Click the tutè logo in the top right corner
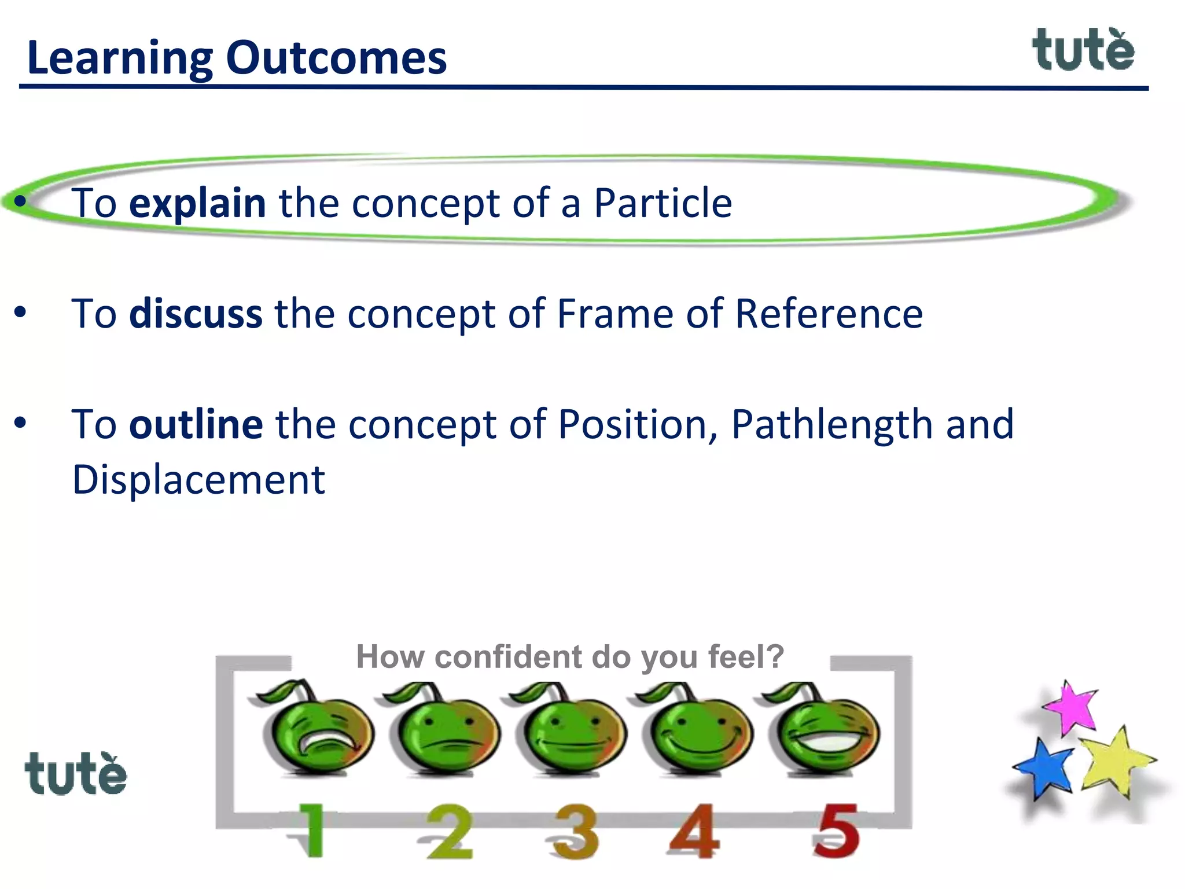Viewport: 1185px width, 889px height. (x=1083, y=51)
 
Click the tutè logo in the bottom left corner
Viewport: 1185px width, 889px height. (x=76, y=774)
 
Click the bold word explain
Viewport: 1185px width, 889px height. (x=197, y=203)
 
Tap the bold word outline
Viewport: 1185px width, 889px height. (x=196, y=424)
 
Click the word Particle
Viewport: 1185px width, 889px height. (x=663, y=203)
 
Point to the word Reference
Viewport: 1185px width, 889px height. (x=829, y=314)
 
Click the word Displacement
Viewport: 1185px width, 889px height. (x=198, y=480)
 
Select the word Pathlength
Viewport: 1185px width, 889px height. (x=832, y=424)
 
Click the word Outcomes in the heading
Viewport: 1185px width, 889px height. (x=336, y=58)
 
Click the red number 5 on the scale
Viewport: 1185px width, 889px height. (x=836, y=831)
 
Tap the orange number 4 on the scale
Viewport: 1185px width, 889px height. (x=694, y=831)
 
